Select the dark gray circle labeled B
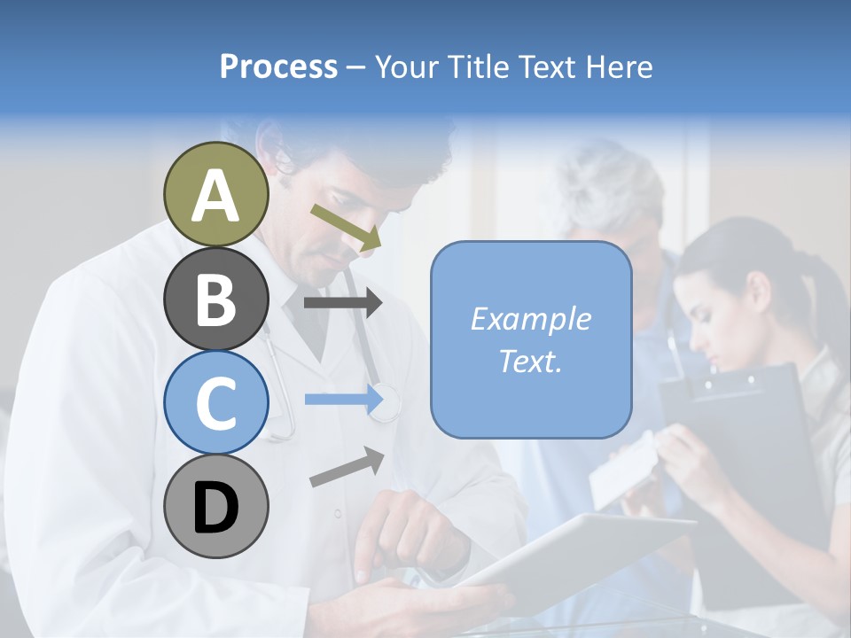click(216, 299)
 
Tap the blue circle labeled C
click(216, 402)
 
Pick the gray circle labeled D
click(216, 506)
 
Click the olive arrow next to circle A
click(346, 227)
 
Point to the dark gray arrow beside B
click(343, 303)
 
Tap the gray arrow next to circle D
click(347, 467)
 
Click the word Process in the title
click(278, 66)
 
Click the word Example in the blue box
click(530, 319)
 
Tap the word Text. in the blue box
click(530, 361)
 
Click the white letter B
click(216, 299)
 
